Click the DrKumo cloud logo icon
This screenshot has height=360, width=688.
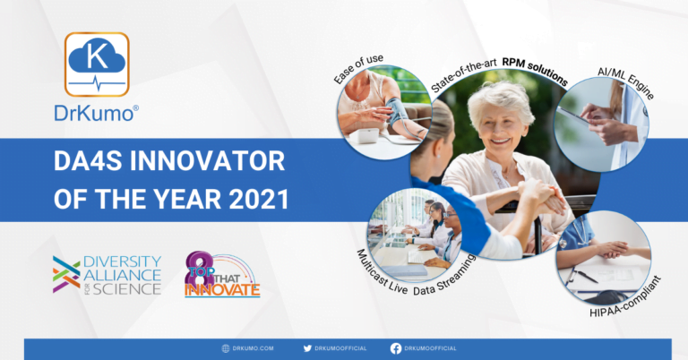97,64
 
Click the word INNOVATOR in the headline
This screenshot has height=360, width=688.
207,161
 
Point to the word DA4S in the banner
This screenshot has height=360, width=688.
88,161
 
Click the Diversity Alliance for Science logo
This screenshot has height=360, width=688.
107,275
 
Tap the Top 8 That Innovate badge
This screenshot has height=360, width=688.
222,275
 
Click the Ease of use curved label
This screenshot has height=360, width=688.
358,68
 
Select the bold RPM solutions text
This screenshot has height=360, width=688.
536,69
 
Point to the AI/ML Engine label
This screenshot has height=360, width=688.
626,82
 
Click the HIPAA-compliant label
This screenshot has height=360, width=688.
625,297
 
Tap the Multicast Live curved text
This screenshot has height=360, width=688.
382,274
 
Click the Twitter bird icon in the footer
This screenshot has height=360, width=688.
307,348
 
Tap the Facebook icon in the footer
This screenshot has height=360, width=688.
396,348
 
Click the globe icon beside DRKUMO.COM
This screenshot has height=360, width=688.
226,348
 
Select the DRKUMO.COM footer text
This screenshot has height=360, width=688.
254,348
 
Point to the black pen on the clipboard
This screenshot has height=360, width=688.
584,276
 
